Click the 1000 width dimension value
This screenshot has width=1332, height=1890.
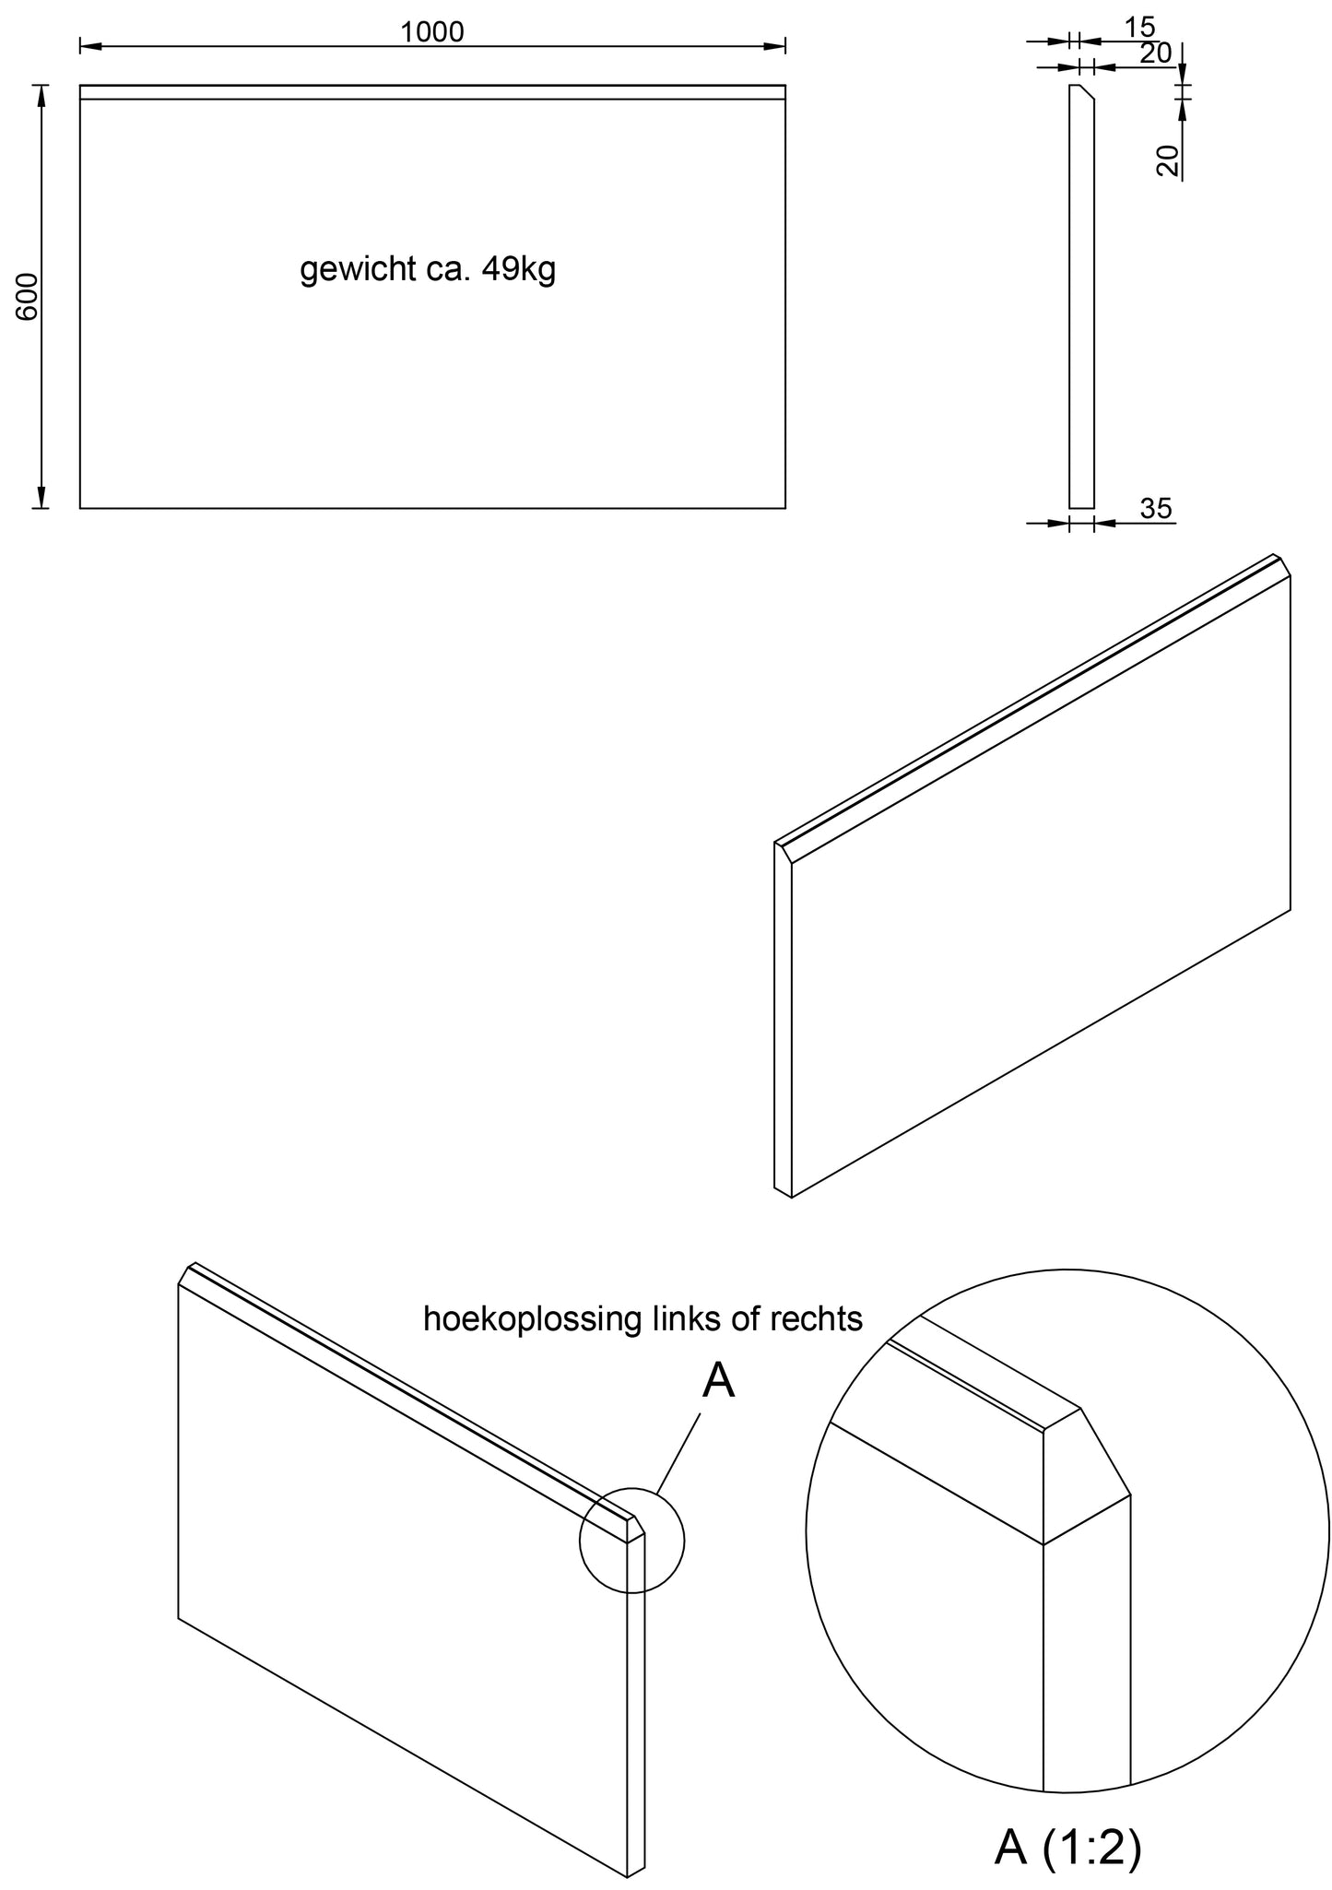point(431,32)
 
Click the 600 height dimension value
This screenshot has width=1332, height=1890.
point(29,297)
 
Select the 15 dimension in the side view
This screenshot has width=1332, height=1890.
point(1139,28)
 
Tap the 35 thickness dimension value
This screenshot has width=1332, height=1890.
point(1155,508)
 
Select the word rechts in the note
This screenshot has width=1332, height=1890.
point(815,1319)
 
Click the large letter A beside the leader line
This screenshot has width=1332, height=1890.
point(718,1381)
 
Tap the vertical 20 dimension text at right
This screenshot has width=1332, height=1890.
point(1167,160)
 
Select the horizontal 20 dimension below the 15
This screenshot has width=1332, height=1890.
point(1155,53)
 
